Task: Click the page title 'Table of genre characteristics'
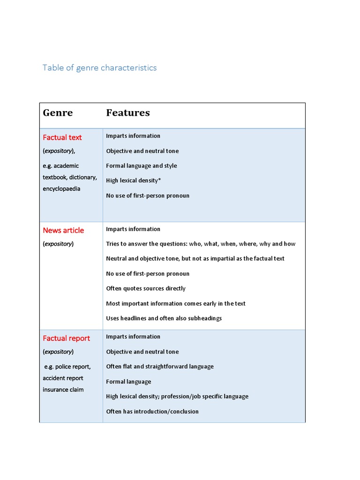[x=99, y=67]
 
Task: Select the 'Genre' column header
[x=58, y=112]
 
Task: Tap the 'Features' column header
[x=128, y=112]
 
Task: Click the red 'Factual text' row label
[x=62, y=137]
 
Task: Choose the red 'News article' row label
[x=63, y=230]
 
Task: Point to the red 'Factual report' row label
[x=66, y=338]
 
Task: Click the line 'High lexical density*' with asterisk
[x=133, y=180]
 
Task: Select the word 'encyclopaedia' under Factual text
[x=61, y=188]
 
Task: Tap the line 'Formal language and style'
[x=142, y=165]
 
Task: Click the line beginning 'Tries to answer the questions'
[x=201, y=244]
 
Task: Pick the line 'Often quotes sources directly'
[x=146, y=288]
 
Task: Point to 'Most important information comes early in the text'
[x=176, y=303]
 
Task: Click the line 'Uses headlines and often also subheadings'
[x=164, y=318]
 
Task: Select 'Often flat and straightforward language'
[x=160, y=367]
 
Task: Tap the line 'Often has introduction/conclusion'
[x=152, y=411]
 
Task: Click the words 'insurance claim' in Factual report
[x=63, y=390]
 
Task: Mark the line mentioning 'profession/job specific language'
[x=177, y=396]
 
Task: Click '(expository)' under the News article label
[x=58, y=244]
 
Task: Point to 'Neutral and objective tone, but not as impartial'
[x=195, y=258]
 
